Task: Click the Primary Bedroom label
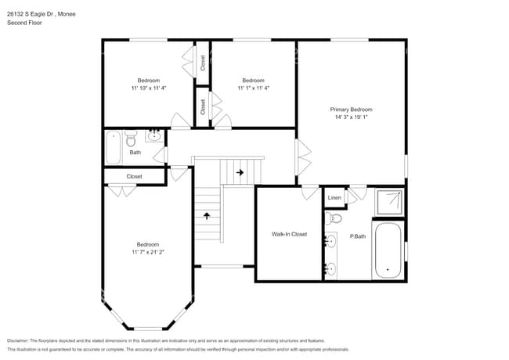[351, 110]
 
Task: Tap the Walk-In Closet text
[289, 234]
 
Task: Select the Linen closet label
[334, 198]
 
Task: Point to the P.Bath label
[358, 236]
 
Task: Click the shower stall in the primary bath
[388, 203]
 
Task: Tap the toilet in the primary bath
[335, 219]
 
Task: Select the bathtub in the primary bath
[388, 250]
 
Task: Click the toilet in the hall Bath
[131, 139]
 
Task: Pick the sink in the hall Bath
[154, 137]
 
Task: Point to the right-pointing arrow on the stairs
[240, 172]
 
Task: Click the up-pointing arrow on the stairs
[208, 215]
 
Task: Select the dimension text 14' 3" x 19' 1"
[351, 117]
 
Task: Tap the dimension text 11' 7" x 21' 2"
[148, 252]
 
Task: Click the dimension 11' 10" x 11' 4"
[149, 88]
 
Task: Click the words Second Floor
[25, 23]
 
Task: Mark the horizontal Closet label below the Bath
[134, 177]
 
